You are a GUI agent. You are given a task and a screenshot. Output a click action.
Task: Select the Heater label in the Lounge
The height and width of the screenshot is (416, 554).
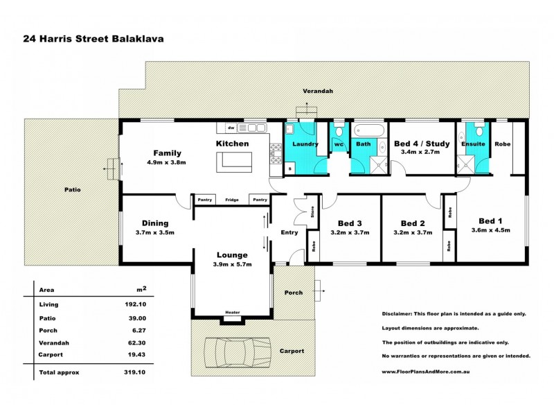point(231,313)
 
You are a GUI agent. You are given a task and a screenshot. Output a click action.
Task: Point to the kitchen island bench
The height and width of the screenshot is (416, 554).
point(235,162)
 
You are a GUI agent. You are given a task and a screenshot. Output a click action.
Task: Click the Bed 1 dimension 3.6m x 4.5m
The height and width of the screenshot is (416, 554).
point(490,230)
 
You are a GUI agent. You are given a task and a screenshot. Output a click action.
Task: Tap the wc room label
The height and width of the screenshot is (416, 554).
point(339,144)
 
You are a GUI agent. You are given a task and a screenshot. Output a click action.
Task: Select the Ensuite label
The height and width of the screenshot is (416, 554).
point(473,144)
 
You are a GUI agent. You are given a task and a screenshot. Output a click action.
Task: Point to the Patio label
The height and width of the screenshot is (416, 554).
point(73,189)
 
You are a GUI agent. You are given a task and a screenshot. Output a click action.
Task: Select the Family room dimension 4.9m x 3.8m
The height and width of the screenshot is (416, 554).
point(167,162)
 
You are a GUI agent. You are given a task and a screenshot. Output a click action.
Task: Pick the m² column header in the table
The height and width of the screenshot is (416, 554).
point(141,288)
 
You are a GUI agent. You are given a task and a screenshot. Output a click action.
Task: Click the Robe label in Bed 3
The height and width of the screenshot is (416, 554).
point(312,246)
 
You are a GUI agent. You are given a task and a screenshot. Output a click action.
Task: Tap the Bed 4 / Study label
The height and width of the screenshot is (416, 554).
point(422,144)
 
